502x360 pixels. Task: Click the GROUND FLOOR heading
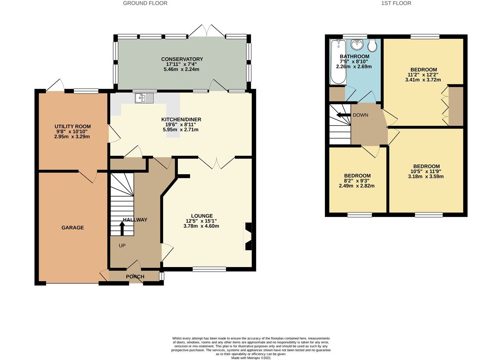tap(145, 3)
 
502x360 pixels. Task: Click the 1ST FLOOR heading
tap(396, 3)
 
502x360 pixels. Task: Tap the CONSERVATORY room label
tap(182, 59)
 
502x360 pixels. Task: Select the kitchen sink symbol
tap(144, 98)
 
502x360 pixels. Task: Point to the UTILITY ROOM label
tap(73, 126)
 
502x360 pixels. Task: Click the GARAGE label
tap(73, 227)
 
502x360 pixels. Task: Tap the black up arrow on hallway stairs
tap(122, 228)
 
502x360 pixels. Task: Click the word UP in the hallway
tap(122, 246)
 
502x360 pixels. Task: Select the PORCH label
tap(135, 276)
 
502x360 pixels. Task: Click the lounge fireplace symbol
tap(248, 236)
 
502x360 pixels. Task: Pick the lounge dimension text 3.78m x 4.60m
tap(201, 226)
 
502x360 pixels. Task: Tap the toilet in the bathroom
tap(372, 46)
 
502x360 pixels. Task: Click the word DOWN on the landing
tap(360, 115)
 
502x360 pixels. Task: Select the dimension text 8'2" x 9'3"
tap(357, 181)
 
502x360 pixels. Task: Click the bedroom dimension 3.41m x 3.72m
tap(423, 80)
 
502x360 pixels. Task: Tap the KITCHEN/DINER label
tap(181, 119)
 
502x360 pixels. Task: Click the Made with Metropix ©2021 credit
tap(251, 358)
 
